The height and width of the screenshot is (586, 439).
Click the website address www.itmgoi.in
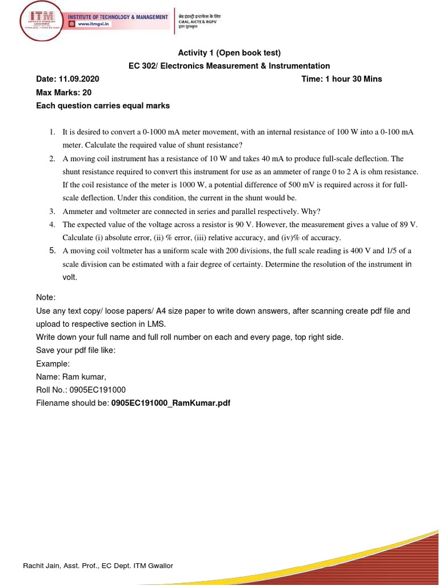[x=94, y=25]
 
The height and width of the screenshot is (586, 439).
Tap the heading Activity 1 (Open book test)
[x=229, y=53]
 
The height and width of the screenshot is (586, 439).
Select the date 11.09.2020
[x=76, y=79]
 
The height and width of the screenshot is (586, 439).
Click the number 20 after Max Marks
[x=87, y=92]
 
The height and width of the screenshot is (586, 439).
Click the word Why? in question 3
[x=312, y=211]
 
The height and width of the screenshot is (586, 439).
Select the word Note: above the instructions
[x=46, y=298]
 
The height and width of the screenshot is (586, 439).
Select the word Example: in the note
[x=53, y=363]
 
